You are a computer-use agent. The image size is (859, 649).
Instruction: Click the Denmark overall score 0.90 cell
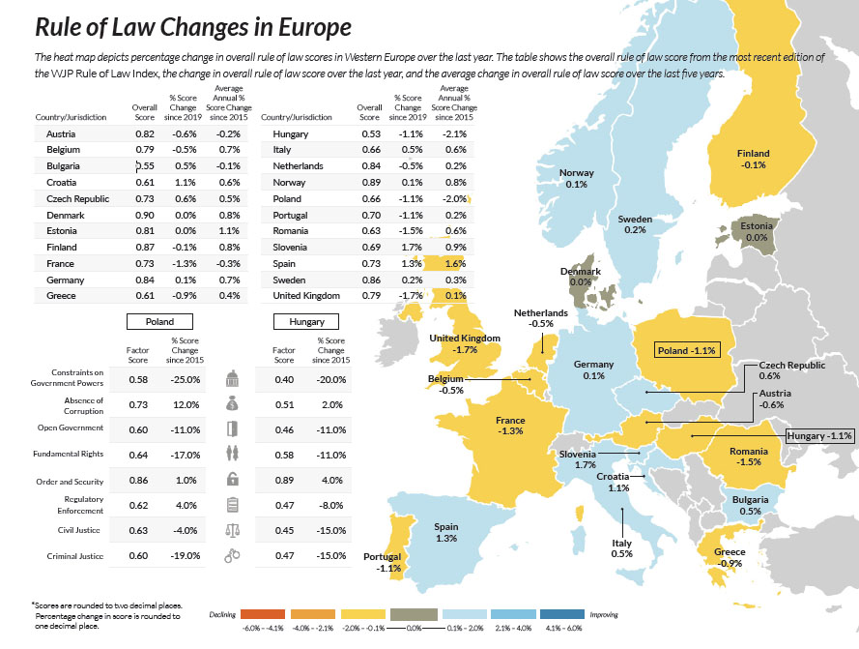[x=144, y=215]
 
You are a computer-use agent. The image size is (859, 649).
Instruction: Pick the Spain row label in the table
[x=286, y=263]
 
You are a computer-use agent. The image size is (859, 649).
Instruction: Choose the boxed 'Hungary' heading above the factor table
[x=306, y=322]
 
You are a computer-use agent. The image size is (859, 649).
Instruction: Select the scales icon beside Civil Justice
[x=231, y=530]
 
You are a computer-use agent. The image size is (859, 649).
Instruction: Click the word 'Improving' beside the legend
[x=603, y=614]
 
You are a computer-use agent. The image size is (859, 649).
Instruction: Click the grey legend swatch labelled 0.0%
[x=418, y=614]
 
